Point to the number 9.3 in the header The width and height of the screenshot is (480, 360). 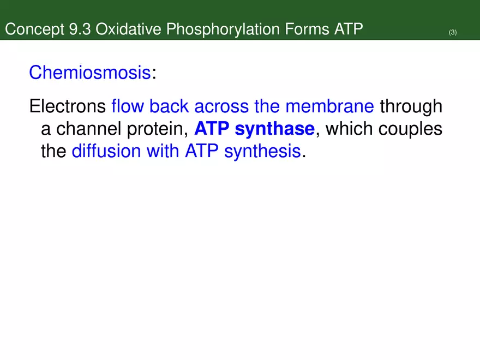tap(81, 29)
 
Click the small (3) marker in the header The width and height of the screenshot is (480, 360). tap(453, 33)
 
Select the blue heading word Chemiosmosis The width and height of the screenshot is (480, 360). tap(89, 73)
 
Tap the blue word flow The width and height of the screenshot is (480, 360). tap(128, 106)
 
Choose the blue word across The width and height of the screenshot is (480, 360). tap(221, 106)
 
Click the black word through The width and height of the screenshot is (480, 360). tap(411, 107)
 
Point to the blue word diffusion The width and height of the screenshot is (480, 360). tap(106, 152)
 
